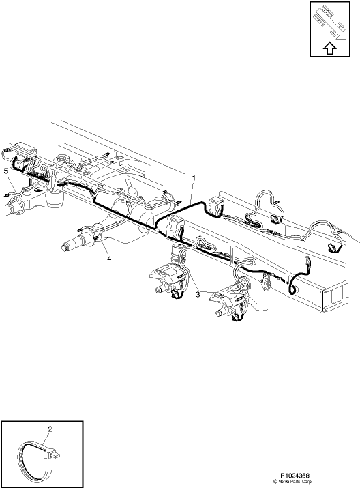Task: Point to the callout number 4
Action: click(x=106, y=257)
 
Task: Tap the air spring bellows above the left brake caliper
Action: click(x=179, y=256)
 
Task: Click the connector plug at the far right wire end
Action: click(x=332, y=248)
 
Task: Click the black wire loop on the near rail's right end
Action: click(x=295, y=285)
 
